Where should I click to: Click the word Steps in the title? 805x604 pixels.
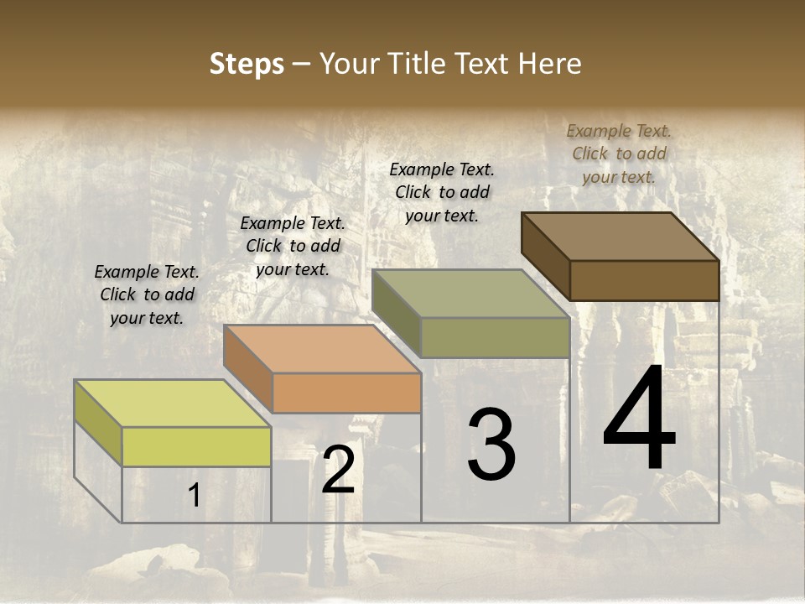(247, 64)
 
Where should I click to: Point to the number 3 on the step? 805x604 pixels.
(491, 445)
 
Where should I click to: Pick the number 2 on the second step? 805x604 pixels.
(338, 471)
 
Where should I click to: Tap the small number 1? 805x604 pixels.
(194, 496)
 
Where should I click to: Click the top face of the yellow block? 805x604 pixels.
(172, 403)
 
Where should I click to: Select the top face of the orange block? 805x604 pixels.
(322, 348)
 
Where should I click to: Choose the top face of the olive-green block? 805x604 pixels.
(470, 294)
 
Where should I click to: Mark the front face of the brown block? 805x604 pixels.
(644, 280)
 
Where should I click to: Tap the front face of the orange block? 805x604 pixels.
(346, 393)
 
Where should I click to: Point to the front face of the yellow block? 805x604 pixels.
(196, 446)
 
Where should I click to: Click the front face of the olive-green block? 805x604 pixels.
(495, 337)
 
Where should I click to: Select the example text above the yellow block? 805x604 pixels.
(147, 294)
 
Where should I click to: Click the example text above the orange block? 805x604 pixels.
(293, 246)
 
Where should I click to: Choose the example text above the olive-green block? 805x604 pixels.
(442, 192)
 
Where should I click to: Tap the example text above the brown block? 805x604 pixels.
(619, 154)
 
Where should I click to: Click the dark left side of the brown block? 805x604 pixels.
(545, 255)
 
